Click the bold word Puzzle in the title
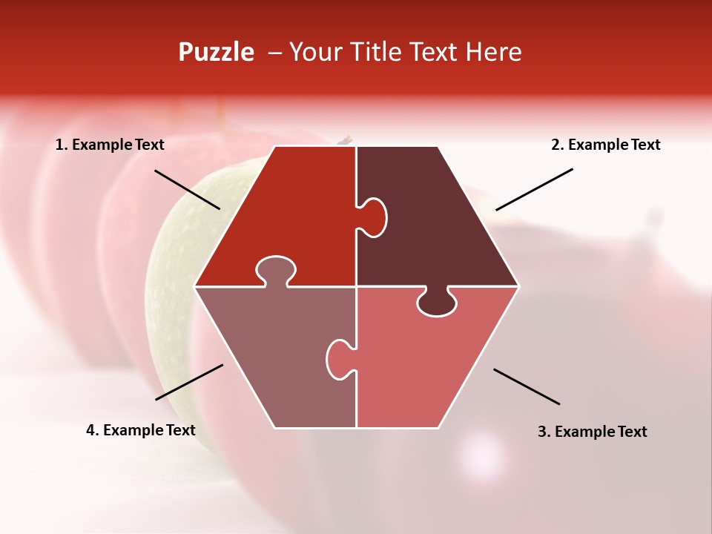tap(216, 52)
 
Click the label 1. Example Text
tap(110, 145)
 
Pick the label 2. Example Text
tap(605, 145)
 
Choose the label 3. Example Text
tap(592, 432)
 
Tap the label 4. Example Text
tap(141, 430)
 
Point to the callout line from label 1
tap(187, 189)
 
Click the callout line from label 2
tap(534, 189)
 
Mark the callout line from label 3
tap(527, 386)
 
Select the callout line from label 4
tap(189, 381)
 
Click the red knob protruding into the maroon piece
tap(373, 217)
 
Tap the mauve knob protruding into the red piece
tap(274, 271)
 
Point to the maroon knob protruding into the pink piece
tap(437, 303)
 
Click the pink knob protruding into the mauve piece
tap(340, 358)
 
